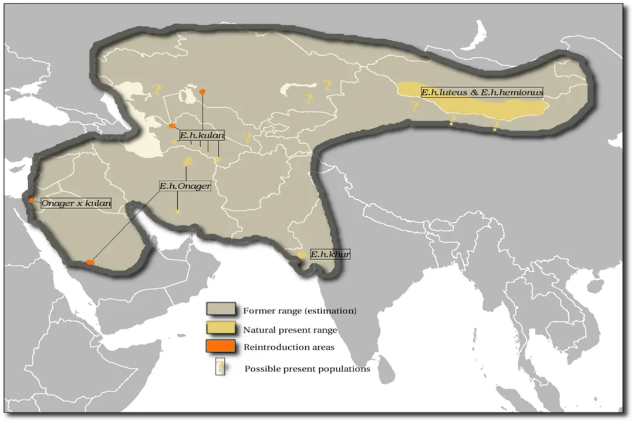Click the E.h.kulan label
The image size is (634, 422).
[x=201, y=135]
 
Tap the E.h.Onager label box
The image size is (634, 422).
[x=184, y=186]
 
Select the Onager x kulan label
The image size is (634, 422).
[x=76, y=203]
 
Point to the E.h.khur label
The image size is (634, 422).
[x=330, y=254]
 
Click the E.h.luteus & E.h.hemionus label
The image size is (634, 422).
[x=481, y=92]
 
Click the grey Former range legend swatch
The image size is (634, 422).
[x=221, y=309]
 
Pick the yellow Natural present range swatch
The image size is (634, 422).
[x=221, y=328]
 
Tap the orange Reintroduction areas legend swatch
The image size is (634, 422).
[x=221, y=346]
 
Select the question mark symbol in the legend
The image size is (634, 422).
[x=220, y=367]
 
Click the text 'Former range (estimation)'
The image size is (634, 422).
[x=299, y=311]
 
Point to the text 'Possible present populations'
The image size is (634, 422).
[x=307, y=369]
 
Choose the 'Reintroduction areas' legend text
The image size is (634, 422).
[x=289, y=347]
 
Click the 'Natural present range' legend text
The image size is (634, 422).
[x=290, y=330]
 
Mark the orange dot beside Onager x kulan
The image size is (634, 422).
[x=31, y=200]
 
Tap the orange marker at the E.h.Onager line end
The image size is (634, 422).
[x=90, y=262]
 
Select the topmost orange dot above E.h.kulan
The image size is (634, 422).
[x=203, y=91]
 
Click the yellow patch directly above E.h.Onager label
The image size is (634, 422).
[x=188, y=161]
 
